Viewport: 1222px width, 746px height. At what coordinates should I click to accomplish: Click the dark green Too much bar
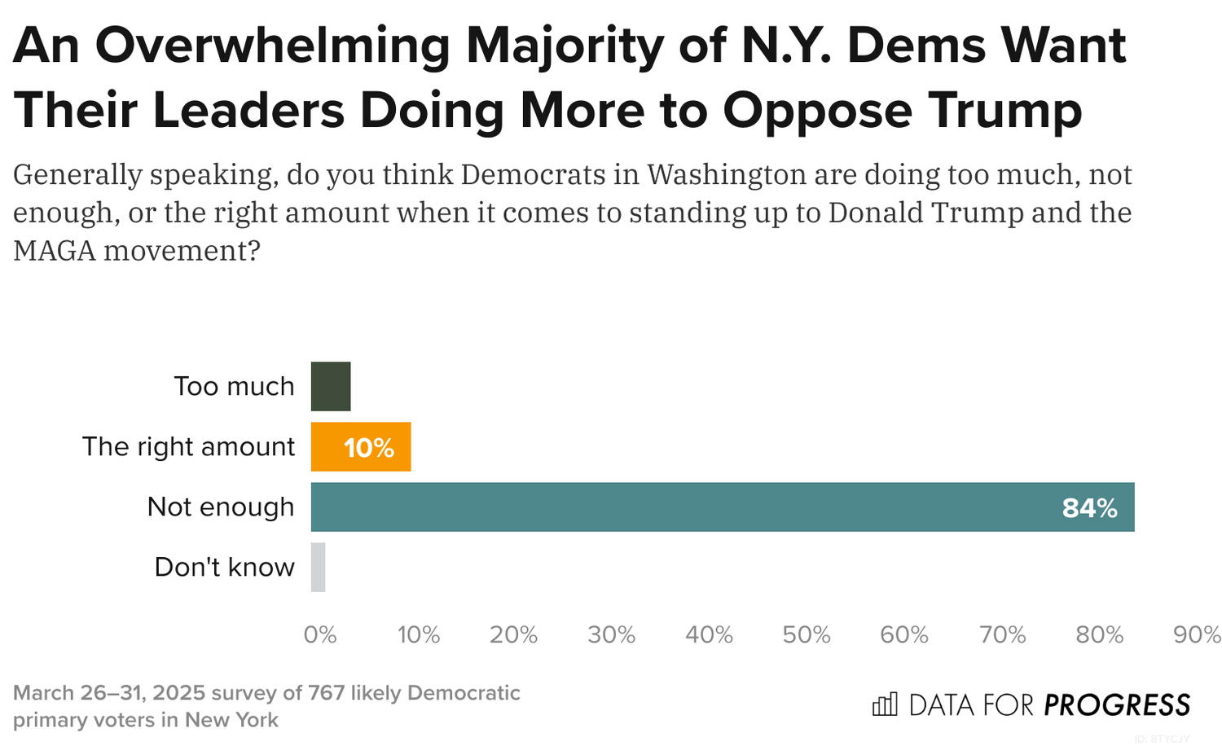coord(331,387)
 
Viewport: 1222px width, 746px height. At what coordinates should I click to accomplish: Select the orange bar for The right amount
coord(361,447)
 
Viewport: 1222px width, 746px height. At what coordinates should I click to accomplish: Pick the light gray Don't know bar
coord(318,568)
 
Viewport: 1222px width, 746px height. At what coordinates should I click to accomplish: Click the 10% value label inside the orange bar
coord(369,448)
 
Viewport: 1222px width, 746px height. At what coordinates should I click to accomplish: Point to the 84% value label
coord(1089,508)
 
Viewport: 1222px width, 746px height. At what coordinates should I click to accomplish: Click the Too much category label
coord(234,386)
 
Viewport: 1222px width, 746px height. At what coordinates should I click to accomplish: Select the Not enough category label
coord(220,507)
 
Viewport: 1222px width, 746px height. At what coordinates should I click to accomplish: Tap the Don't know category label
coord(224,567)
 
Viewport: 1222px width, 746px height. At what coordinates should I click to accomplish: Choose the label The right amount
coord(188,446)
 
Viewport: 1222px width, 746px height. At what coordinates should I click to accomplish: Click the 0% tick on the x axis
coord(320,635)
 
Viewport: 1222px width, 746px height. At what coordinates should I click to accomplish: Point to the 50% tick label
coord(807,635)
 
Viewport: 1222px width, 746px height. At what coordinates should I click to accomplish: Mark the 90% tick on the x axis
coord(1196,635)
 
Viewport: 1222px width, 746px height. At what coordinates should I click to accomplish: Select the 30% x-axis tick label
coord(612,635)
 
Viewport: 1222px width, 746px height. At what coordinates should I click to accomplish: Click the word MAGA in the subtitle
coord(54,250)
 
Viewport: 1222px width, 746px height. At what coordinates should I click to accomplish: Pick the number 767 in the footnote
coord(326,693)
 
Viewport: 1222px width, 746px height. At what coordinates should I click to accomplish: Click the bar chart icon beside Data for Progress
coord(885,704)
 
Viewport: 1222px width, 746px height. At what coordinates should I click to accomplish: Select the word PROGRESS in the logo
coord(1117,705)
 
